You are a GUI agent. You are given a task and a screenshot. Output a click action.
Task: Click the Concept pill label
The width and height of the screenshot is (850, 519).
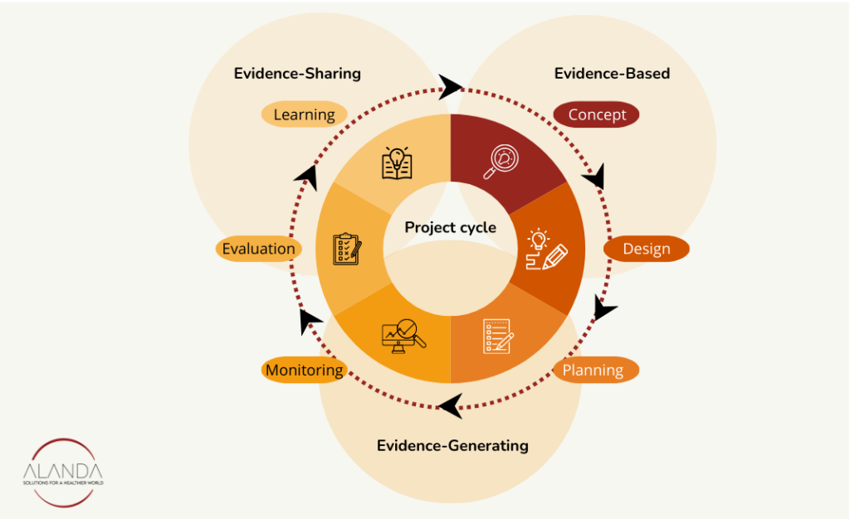[596, 114]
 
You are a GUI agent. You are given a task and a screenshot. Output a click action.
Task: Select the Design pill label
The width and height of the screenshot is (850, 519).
[646, 249]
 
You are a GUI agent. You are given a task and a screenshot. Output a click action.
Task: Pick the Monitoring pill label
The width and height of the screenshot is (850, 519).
[304, 370]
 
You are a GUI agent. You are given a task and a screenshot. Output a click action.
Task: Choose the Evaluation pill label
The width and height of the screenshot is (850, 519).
[258, 248]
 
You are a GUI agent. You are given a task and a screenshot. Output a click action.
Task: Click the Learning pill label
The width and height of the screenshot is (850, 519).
[304, 114]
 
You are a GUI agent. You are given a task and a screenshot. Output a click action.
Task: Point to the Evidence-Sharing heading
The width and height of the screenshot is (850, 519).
[297, 73]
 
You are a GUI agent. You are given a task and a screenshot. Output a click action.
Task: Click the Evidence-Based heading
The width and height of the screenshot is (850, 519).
[612, 73]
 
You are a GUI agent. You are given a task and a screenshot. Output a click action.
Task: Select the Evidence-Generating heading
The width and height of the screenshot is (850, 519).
[452, 445]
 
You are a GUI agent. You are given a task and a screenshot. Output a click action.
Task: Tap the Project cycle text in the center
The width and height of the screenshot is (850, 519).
[451, 227]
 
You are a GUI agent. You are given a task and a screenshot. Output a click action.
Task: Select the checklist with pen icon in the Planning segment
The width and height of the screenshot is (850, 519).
[498, 336]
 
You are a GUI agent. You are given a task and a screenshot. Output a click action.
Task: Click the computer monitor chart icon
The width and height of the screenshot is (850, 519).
[403, 336]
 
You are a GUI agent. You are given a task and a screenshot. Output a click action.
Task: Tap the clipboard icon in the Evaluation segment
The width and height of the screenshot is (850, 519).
[347, 249]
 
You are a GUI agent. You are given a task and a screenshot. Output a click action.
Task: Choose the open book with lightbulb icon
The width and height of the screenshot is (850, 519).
[397, 163]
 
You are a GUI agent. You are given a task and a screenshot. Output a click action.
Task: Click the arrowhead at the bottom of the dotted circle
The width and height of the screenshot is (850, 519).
[450, 406]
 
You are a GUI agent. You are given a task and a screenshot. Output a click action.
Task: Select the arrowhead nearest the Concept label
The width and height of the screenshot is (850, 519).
[594, 176]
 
